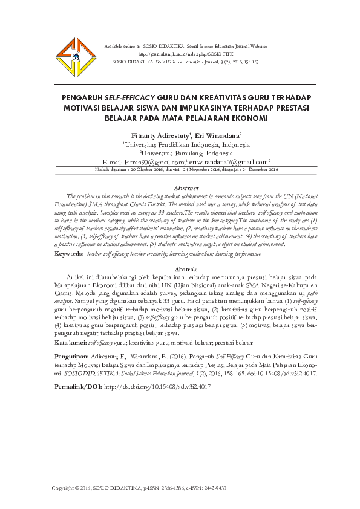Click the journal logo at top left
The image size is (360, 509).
pyautogui.click(x=71, y=55)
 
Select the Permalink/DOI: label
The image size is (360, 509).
pyautogui.click(x=78, y=385)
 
